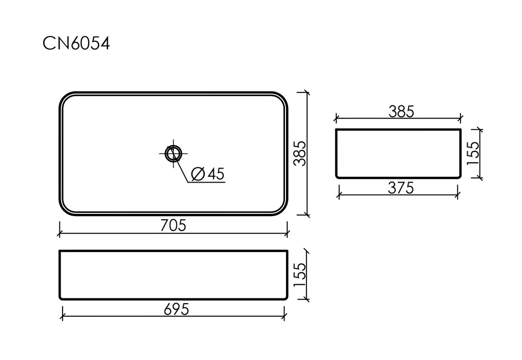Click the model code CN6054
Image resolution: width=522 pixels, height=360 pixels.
tap(76, 44)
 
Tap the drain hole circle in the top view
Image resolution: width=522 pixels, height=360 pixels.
tap(172, 153)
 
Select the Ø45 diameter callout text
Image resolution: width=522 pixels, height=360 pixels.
tap(207, 174)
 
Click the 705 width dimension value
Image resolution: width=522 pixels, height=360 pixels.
tap(173, 225)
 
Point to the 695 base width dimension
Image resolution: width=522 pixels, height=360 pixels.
tap(173, 309)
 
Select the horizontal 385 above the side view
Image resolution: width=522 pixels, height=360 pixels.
tap(401, 111)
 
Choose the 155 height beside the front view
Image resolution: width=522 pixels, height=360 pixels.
tap(300, 275)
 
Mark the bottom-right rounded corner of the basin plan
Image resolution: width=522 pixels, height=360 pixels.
tap(282, 209)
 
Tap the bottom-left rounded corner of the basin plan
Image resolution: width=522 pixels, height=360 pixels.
tap(64, 209)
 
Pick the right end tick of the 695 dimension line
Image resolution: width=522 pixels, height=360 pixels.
tap(284, 313)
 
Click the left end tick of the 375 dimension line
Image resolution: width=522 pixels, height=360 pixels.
tap(339, 194)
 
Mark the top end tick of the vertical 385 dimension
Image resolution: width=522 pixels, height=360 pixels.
tap(306, 92)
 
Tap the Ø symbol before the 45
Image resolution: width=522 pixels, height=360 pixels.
tap(197, 174)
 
